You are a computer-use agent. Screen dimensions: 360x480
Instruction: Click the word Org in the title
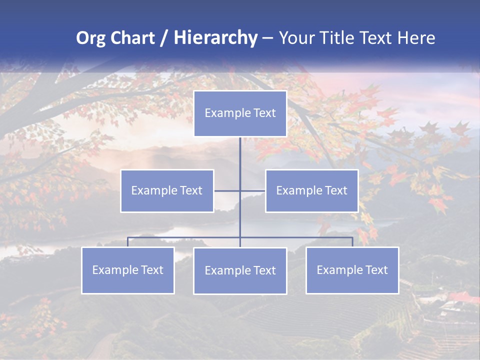[90, 38]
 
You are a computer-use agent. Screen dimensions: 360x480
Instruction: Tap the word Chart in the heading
[131, 38]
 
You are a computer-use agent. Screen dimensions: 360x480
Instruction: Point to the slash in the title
[164, 38]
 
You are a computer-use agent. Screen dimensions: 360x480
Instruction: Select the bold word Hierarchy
[215, 38]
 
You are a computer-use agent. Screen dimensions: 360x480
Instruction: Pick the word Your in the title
[296, 38]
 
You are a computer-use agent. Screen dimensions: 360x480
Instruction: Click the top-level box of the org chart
[240, 113]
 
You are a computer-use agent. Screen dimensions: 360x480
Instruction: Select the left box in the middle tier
[167, 190]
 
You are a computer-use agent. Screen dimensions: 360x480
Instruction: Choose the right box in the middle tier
[311, 190]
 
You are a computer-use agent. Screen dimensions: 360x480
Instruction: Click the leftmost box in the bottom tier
[127, 270]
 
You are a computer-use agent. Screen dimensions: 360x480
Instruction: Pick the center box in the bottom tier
[240, 270]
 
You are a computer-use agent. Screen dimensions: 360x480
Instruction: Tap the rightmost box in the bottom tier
[352, 270]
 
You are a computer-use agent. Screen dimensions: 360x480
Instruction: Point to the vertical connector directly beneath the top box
[240, 155]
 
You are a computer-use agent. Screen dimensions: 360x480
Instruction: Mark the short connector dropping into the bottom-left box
[127, 242]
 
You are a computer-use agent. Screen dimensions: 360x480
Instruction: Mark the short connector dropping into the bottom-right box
[352, 242]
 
